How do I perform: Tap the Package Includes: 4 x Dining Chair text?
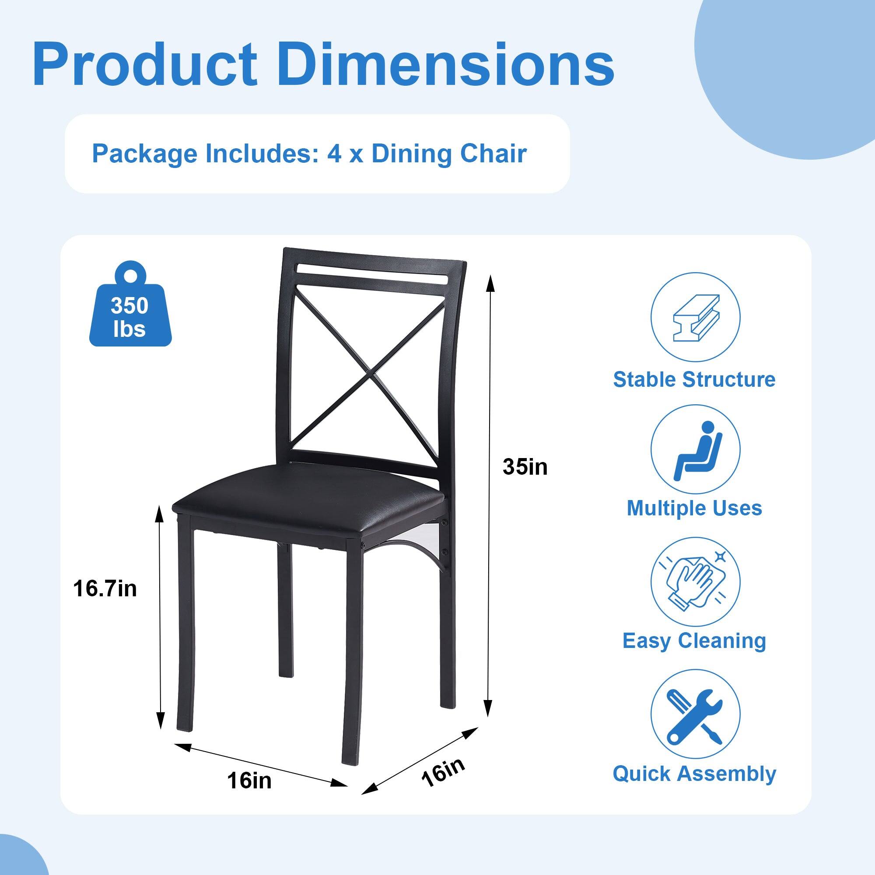pyautogui.click(x=309, y=154)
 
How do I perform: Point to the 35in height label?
pyautogui.click(x=525, y=467)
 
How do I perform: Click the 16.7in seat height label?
pyautogui.click(x=105, y=589)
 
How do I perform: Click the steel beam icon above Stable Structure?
pyautogui.click(x=695, y=317)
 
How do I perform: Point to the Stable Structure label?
pyautogui.click(x=694, y=379)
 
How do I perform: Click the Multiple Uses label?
pyautogui.click(x=694, y=507)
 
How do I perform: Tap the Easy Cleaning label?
pyautogui.click(x=694, y=640)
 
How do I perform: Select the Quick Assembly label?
pyautogui.click(x=694, y=773)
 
